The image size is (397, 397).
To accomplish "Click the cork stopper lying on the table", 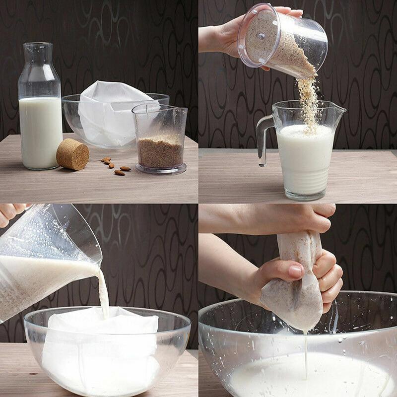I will [72, 154].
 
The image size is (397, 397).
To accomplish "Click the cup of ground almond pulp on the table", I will [160, 149].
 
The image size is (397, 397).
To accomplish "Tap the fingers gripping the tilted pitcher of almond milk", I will [10, 213].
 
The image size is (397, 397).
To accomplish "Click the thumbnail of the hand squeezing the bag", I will [296, 271].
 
